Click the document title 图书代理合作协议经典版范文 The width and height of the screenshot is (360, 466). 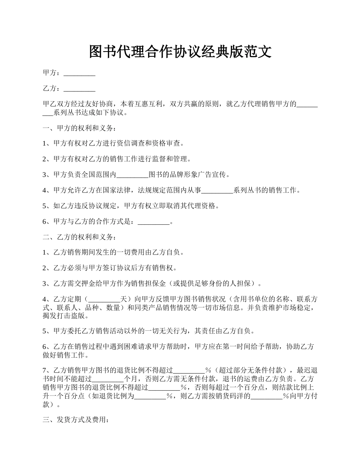point(180,52)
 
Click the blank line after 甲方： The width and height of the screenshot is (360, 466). point(79,73)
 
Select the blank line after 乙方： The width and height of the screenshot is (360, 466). point(79,89)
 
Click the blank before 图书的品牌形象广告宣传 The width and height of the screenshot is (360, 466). point(132,175)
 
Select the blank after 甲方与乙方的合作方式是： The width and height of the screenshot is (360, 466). point(153,222)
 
